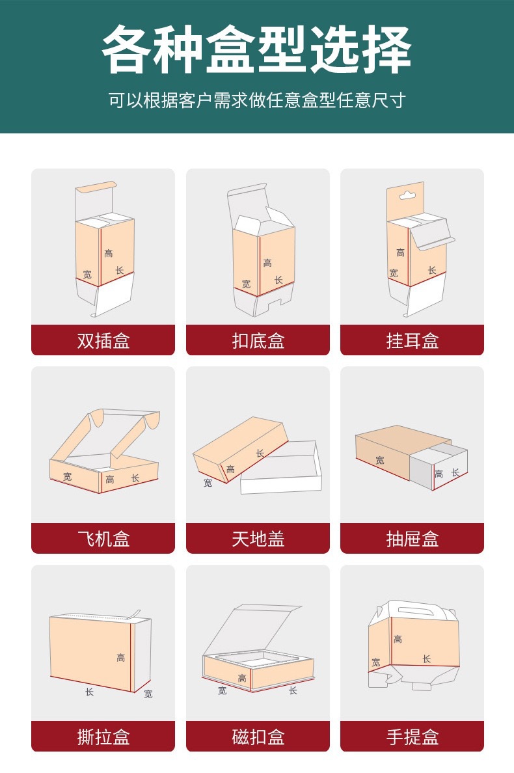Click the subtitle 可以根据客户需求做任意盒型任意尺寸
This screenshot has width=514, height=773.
point(257,100)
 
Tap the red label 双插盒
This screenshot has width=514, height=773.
point(103,340)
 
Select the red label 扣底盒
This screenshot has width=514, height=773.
point(258,340)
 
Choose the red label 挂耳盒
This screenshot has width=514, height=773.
point(412,340)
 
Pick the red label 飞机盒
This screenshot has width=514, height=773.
point(103,538)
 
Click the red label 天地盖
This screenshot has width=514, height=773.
point(258,538)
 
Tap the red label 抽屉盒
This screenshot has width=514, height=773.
point(412,538)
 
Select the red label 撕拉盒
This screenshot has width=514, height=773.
point(103,737)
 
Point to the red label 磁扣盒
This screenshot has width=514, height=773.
point(258,737)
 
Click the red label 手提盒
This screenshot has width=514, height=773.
point(412,737)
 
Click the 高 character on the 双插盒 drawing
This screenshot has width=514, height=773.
point(109,253)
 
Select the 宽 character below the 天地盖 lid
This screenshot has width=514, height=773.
point(208,483)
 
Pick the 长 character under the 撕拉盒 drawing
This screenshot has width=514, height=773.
point(89,692)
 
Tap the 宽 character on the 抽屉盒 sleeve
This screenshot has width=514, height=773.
point(379,460)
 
